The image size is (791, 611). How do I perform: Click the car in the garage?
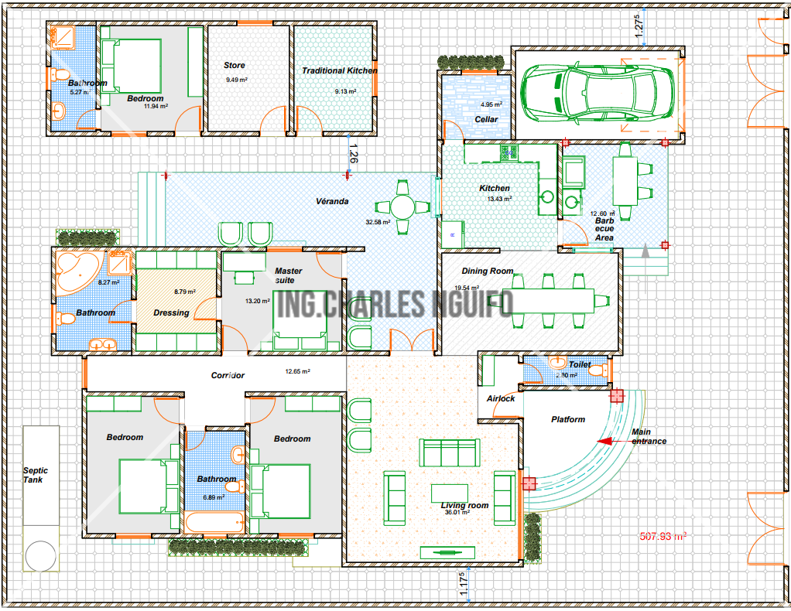pos(598,94)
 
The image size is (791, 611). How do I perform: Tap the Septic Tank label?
pos(36,475)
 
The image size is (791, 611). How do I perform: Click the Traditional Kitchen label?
pos(340,70)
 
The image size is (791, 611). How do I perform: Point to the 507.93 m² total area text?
pos(663,537)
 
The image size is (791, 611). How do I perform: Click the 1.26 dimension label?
pos(353,153)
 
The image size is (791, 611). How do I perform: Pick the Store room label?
pos(234,65)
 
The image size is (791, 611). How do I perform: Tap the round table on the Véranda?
pos(402,207)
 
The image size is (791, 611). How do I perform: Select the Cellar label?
pos(486,119)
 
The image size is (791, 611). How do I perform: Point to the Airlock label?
pos(501,398)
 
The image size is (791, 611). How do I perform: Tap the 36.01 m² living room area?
pos(457,512)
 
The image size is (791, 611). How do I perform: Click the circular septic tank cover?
pos(40,556)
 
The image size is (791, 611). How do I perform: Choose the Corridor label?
pos(228,375)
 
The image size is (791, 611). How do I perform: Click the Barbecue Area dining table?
pos(625,181)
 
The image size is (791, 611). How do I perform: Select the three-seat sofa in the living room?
pos(449,452)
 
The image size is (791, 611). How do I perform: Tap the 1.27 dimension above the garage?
pos(639,26)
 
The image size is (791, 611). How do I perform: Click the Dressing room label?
pos(171,312)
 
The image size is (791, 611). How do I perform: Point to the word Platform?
pos(568,419)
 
